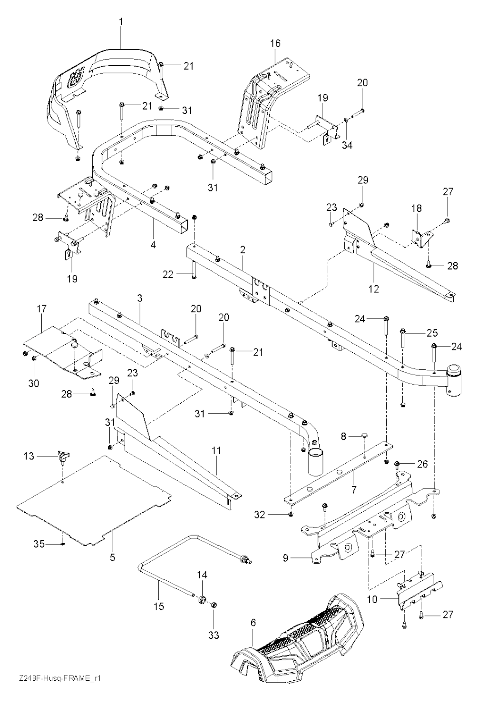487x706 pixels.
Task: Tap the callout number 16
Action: pos(276,43)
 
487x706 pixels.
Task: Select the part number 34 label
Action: pos(348,145)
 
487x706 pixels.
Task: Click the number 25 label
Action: pos(432,332)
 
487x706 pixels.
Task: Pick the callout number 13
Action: pos(29,456)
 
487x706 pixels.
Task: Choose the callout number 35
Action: pos(39,543)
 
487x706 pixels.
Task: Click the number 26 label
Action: pos(422,464)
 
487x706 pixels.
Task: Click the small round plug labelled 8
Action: pos(364,434)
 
